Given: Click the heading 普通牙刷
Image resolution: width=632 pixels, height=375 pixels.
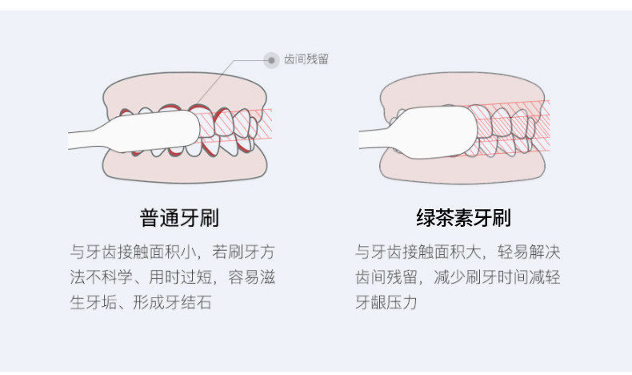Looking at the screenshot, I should [x=179, y=217].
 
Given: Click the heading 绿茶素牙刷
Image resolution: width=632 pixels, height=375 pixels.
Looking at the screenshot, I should [x=463, y=217].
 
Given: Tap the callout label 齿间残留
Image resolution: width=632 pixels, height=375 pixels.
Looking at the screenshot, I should [x=306, y=59].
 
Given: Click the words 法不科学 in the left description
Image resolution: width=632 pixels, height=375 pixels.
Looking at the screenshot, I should [x=96, y=277].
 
